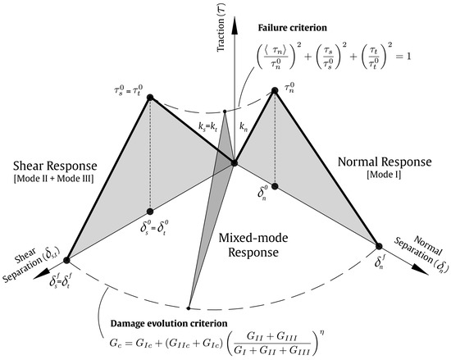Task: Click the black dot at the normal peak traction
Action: click(275, 91)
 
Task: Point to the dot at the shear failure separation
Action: click(67, 259)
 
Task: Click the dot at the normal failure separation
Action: click(380, 245)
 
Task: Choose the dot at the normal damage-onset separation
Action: click(275, 187)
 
